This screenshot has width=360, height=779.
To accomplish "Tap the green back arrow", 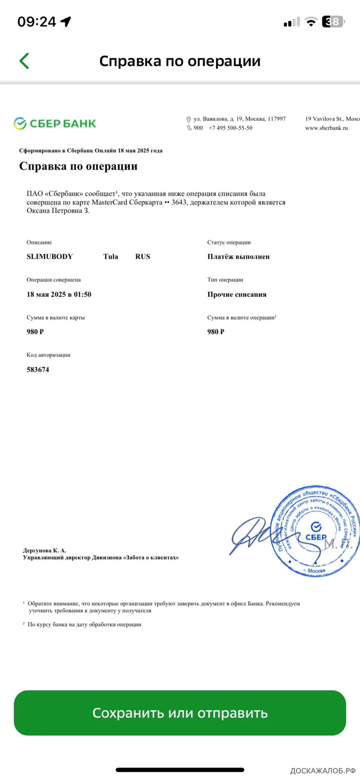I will [x=24, y=61].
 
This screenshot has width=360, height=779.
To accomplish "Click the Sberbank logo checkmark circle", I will [x=20, y=123].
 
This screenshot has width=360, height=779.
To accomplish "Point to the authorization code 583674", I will [x=38, y=369].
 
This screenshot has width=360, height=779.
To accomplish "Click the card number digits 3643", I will [x=179, y=202].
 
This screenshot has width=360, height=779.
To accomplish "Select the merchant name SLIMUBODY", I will [x=50, y=256].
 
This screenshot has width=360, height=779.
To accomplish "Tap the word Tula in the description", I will [x=111, y=256].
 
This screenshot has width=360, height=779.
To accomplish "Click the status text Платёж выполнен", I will [x=238, y=256].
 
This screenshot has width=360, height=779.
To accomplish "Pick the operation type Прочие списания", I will [x=237, y=294].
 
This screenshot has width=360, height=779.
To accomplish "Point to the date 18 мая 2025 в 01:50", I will [x=59, y=294].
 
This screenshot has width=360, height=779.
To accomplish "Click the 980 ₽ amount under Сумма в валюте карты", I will [x=35, y=331].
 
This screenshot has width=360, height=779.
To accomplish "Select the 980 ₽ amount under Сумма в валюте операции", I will [x=216, y=331].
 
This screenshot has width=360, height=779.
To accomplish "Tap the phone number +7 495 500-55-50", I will [x=231, y=128].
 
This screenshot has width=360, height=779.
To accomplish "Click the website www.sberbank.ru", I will [x=326, y=128].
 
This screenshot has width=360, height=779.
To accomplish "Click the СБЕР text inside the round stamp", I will [x=316, y=537].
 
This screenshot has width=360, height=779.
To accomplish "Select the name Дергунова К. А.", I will [x=44, y=550].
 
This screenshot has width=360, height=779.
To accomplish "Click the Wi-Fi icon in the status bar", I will [x=311, y=22].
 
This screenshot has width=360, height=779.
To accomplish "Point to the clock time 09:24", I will [x=37, y=22].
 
